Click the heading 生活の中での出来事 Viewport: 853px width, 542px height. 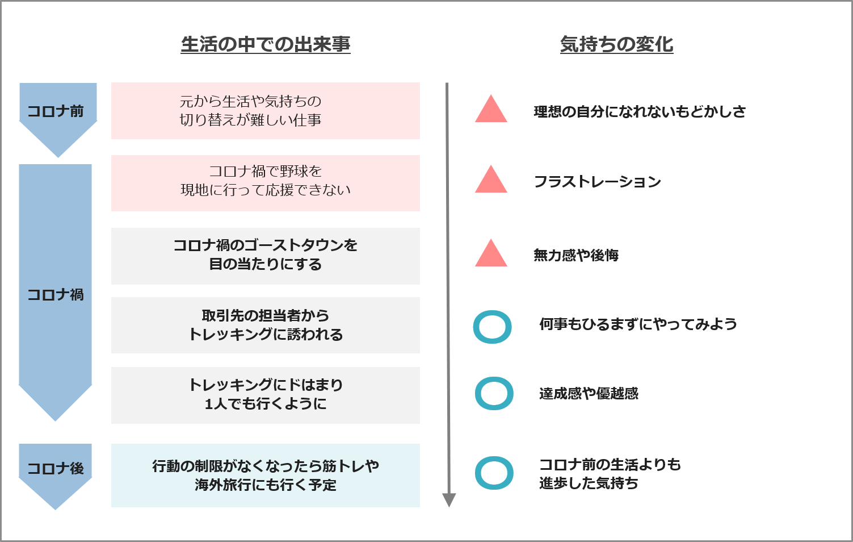pyautogui.click(x=266, y=44)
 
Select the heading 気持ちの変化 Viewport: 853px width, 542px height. pyautogui.click(x=616, y=44)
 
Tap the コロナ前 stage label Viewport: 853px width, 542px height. pyautogui.click(x=56, y=111)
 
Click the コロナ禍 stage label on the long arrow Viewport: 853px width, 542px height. pyautogui.click(x=56, y=295)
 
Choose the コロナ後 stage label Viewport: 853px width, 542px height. pyautogui.click(x=56, y=469)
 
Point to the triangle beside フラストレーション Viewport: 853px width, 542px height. pyautogui.click(x=491, y=181)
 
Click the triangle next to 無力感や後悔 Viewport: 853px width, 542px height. pyautogui.click(x=491, y=255)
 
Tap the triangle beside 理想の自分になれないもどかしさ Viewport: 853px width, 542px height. pyautogui.click(x=491, y=111)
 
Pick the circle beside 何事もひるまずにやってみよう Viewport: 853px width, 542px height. pyautogui.click(x=476, y=327)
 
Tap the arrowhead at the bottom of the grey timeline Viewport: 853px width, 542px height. pyautogui.click(x=449, y=500)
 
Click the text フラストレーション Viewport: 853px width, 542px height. pyautogui.click(x=597, y=181)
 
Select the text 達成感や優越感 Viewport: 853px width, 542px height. pyautogui.click(x=589, y=393)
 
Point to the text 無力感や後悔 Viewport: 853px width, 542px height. pyautogui.click(x=576, y=255)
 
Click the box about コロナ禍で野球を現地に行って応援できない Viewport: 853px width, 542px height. pyautogui.click(x=266, y=183)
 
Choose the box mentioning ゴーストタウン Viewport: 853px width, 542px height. pyautogui.click(x=266, y=256)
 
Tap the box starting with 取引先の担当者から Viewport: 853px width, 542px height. pyautogui.click(x=266, y=325)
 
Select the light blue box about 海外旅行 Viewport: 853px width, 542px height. pyautogui.click(x=266, y=476)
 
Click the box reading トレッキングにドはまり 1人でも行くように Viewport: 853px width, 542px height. pyautogui.click(x=266, y=395)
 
